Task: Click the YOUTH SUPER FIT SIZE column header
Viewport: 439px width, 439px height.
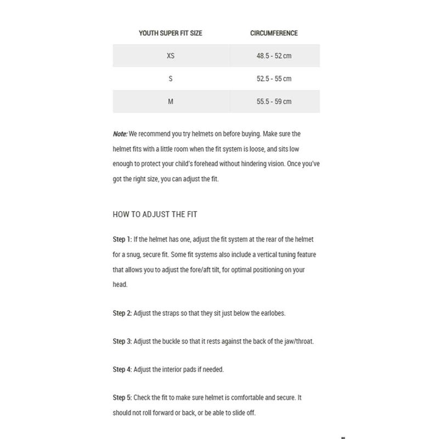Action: [170, 33]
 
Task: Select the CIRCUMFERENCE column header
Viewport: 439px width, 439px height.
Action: [274, 33]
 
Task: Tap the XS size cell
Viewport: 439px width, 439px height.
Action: [171, 56]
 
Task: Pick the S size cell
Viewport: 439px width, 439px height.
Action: [171, 79]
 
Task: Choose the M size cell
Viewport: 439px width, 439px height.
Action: [171, 102]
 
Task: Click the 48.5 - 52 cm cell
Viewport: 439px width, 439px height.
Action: [274, 56]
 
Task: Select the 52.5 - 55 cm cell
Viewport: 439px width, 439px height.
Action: [274, 79]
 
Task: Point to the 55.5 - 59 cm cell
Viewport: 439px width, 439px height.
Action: [274, 102]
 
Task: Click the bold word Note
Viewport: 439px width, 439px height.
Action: [120, 133]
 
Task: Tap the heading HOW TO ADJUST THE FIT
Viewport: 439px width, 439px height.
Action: [159, 215]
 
